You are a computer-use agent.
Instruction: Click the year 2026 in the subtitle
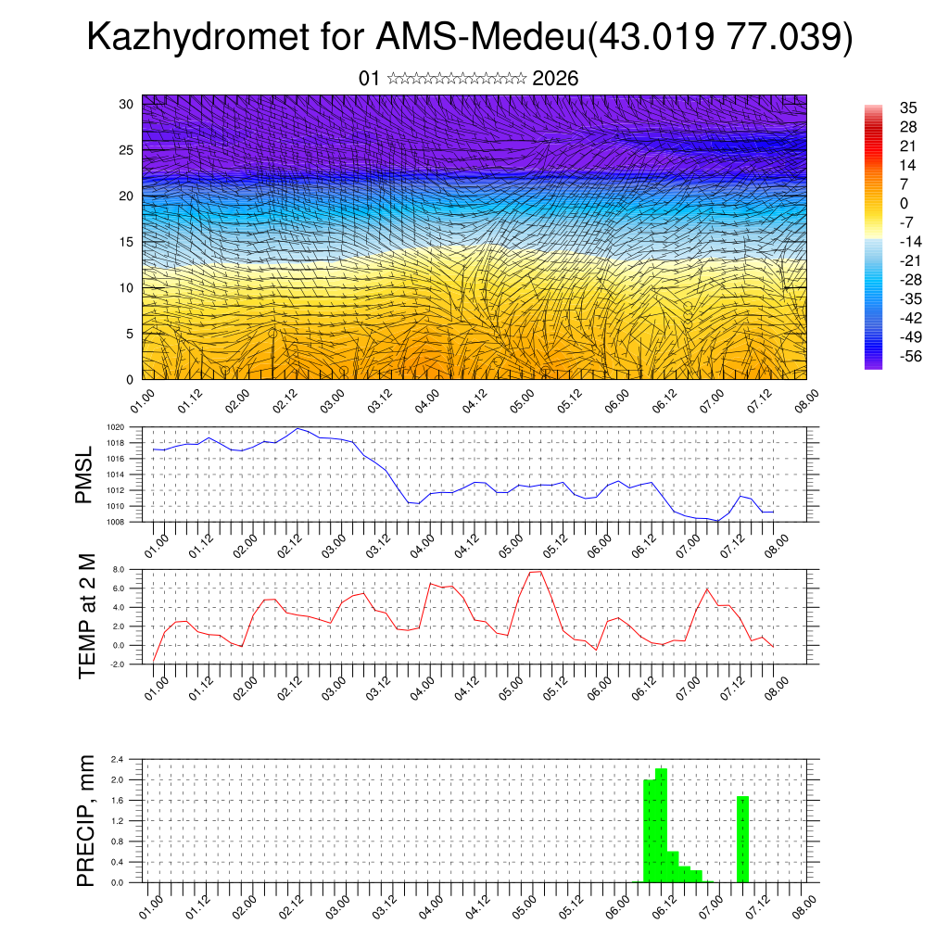pos(555,79)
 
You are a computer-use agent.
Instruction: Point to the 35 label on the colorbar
pos(908,108)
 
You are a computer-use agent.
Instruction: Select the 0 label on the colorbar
pos(905,203)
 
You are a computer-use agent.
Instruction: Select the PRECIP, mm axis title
pos(85,821)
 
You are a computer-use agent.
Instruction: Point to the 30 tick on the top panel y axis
pos(126,104)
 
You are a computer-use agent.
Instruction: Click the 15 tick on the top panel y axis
pos(126,242)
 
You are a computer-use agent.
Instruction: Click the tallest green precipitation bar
pos(661,825)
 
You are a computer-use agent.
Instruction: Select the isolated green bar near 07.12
pos(742,839)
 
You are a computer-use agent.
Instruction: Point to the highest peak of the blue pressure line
pos(297,428)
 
